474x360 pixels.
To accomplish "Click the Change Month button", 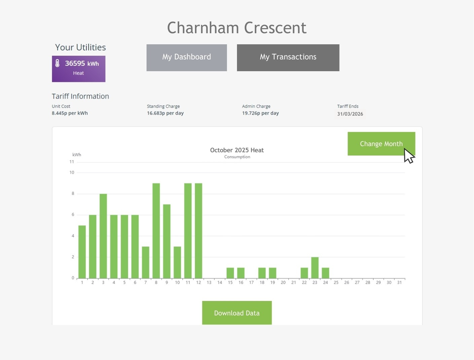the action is point(381,144).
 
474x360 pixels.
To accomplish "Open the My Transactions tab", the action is point(288,57).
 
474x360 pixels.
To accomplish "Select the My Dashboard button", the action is point(187,57).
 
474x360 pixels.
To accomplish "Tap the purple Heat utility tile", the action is point(79,69).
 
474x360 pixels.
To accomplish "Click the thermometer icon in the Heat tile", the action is point(57,63).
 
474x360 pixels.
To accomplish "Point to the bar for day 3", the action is point(103,236).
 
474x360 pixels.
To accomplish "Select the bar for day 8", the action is point(156,231).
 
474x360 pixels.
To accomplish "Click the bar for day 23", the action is point(315,268).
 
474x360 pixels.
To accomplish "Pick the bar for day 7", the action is point(146,262).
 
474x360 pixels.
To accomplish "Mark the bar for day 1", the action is point(82,252).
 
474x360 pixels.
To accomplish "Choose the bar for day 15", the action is point(230,273).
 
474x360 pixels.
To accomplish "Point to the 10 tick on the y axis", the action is point(72,172).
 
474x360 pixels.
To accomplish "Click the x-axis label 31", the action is point(400,282).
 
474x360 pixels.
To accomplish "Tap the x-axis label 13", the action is point(209,282).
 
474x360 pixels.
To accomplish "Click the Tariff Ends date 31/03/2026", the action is point(350,114).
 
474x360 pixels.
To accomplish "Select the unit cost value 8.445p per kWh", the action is point(70,113).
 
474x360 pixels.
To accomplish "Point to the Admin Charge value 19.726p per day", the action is point(260,113).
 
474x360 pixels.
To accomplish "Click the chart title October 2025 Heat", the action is point(237,150).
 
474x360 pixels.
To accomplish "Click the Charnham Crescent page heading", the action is point(237,28).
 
